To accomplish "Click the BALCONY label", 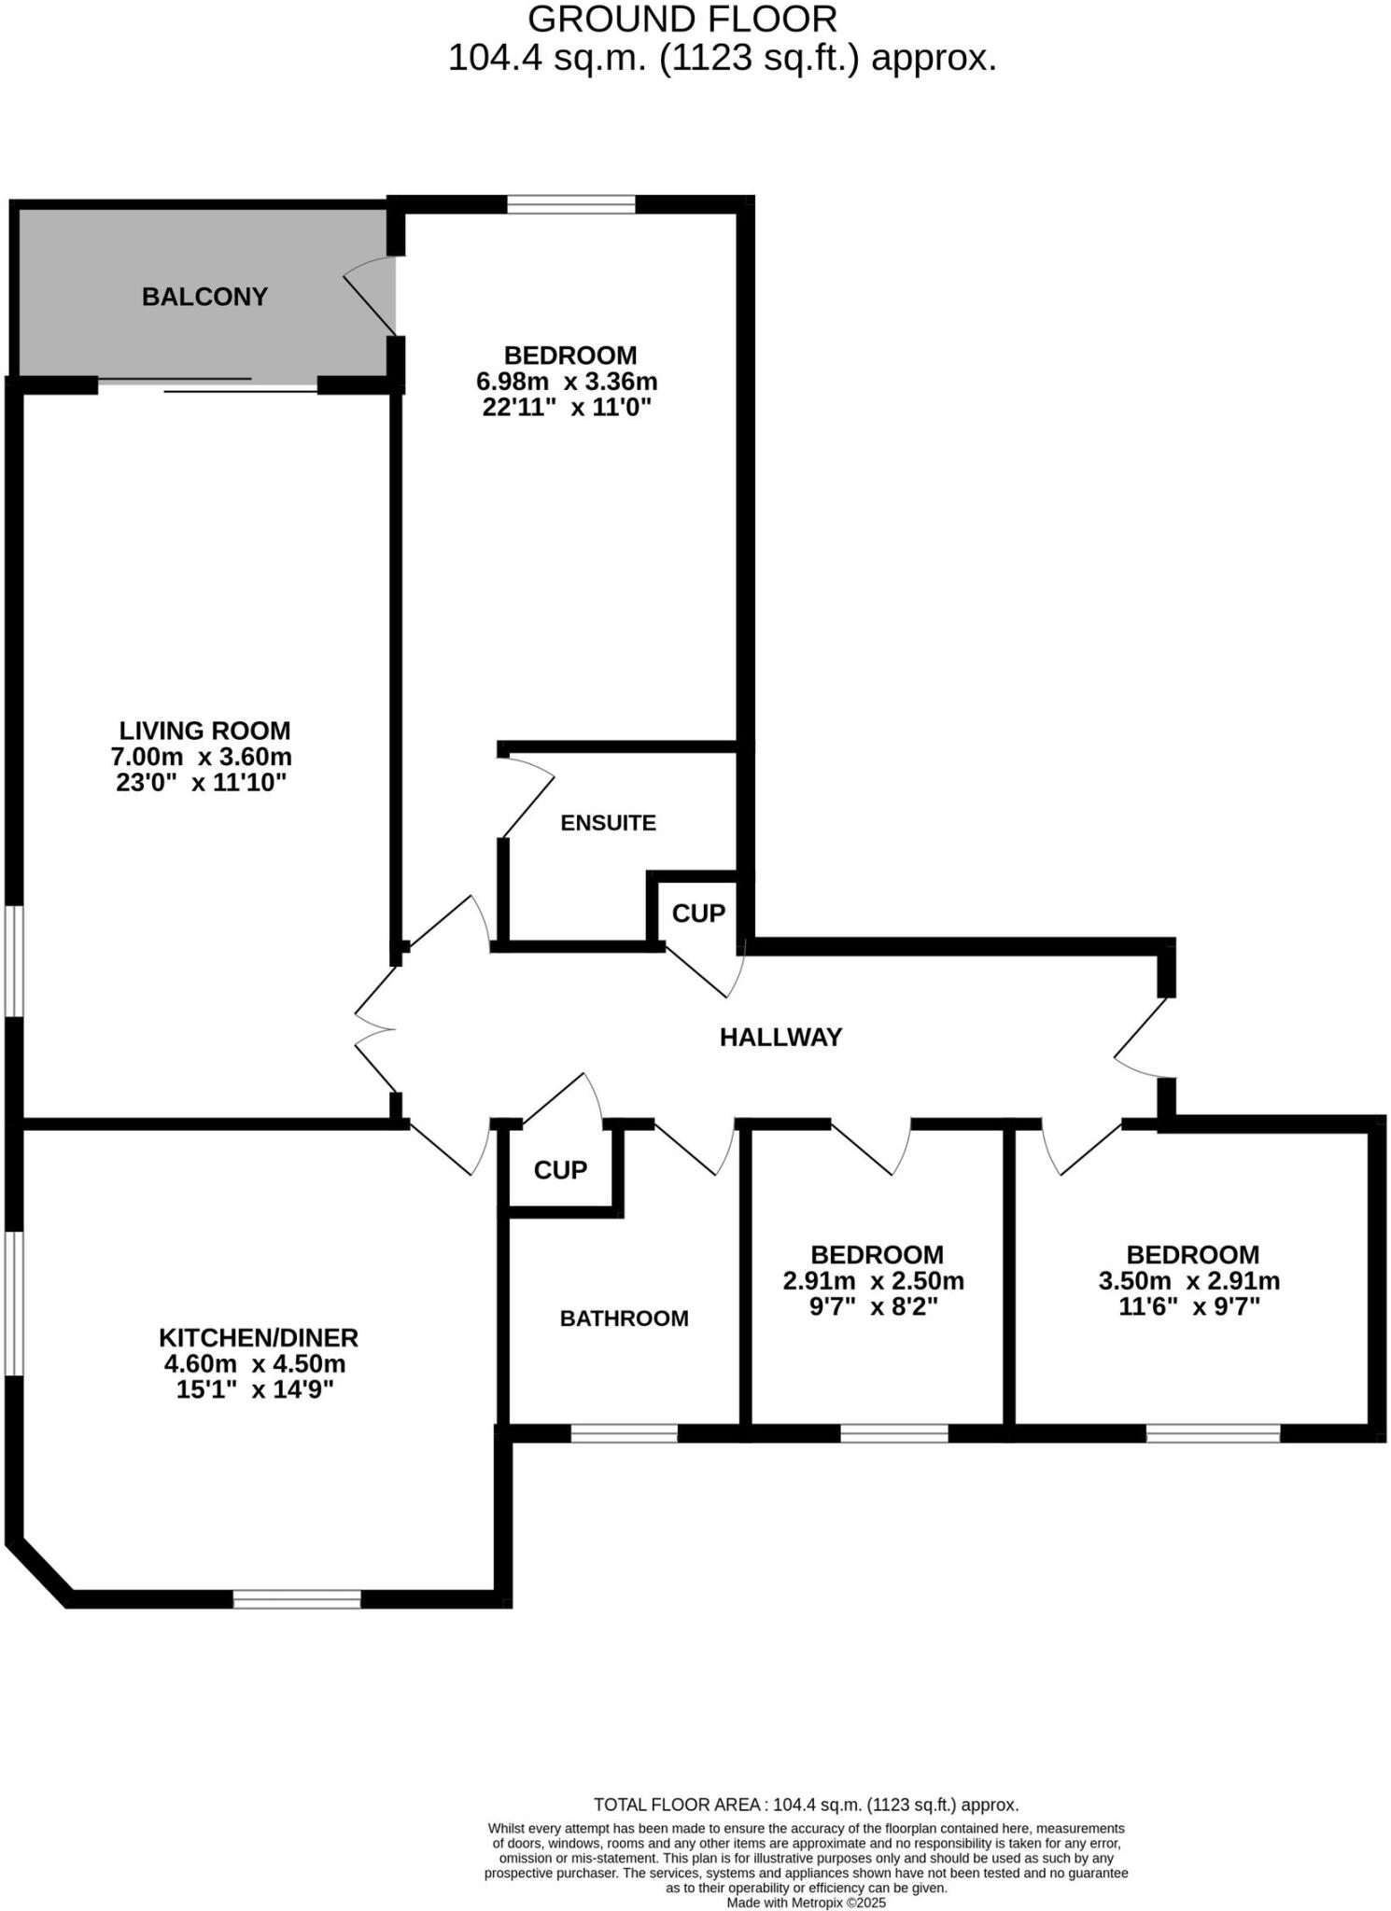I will coord(204,297).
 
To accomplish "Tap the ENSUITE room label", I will coord(608,822).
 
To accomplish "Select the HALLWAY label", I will coord(780,1037).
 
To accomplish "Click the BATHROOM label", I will coord(624,1318).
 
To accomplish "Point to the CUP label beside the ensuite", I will coord(698,913).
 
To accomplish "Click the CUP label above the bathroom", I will coord(560,1169).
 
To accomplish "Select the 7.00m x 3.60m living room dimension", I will coord(201,756).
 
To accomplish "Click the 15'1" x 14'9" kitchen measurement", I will coord(255,1389).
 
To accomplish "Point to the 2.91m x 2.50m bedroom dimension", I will coord(873,1280).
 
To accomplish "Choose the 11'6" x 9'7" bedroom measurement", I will coord(1189,1306).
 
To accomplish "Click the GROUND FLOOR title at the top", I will coord(681,19).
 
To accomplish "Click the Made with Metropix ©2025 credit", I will coord(806,1903).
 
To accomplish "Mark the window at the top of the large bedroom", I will coord(570,203).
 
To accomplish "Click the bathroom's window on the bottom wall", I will coord(624,1432).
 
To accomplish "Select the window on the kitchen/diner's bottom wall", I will coord(296,1598).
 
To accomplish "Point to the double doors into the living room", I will coord(375,1029).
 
